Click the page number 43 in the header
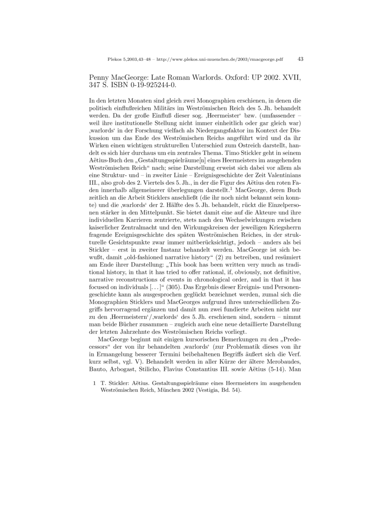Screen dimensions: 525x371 click(300, 59)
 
